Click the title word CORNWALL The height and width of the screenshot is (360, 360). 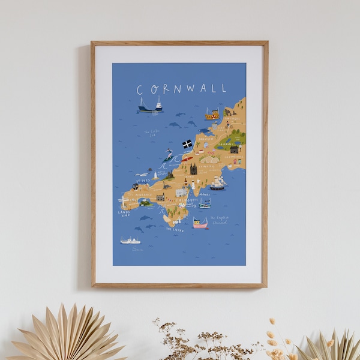[x=181, y=89]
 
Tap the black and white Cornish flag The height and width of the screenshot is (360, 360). [x=187, y=144]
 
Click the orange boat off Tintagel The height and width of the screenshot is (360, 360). [x=212, y=113]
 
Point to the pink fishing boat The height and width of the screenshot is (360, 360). [x=200, y=223]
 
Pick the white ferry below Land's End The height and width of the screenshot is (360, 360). [x=130, y=241]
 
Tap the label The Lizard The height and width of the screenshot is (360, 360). [x=175, y=229]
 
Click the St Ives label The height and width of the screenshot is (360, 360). [x=143, y=180]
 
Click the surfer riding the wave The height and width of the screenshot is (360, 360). [x=170, y=153]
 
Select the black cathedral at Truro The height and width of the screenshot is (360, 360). [x=193, y=169]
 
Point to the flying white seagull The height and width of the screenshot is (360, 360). [x=142, y=174]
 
